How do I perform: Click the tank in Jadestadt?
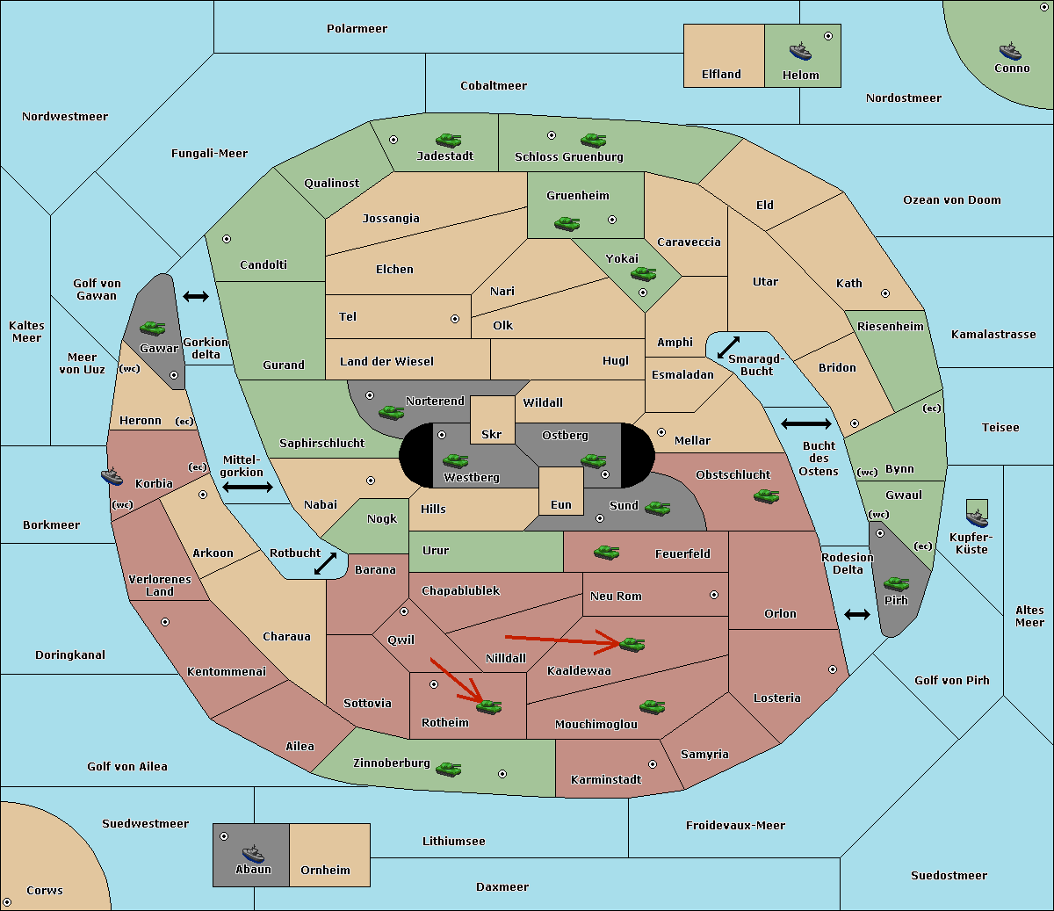point(449,140)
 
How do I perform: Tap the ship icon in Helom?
point(800,51)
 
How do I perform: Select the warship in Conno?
point(1010,51)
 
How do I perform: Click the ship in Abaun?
point(254,854)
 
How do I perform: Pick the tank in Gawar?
point(153,328)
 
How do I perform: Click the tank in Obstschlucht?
point(767,495)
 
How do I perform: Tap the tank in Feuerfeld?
point(606,552)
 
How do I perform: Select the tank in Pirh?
point(896,583)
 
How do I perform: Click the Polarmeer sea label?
point(357,29)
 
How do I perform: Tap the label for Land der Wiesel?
point(386,361)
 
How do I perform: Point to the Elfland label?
point(721,74)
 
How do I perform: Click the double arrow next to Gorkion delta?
point(196,296)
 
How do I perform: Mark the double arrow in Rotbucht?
point(325,563)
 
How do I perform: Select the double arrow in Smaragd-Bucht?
point(728,347)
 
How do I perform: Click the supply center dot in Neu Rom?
point(714,595)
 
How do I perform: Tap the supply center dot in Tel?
point(455,319)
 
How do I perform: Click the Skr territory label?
point(491,434)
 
